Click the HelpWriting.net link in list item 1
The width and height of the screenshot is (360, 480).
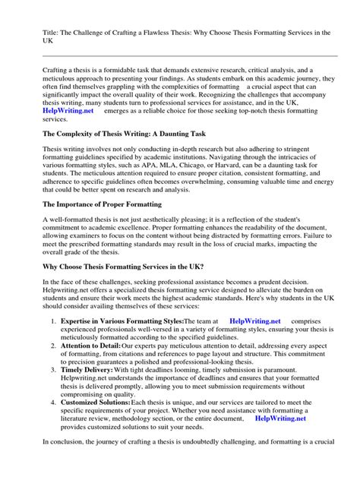255,344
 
